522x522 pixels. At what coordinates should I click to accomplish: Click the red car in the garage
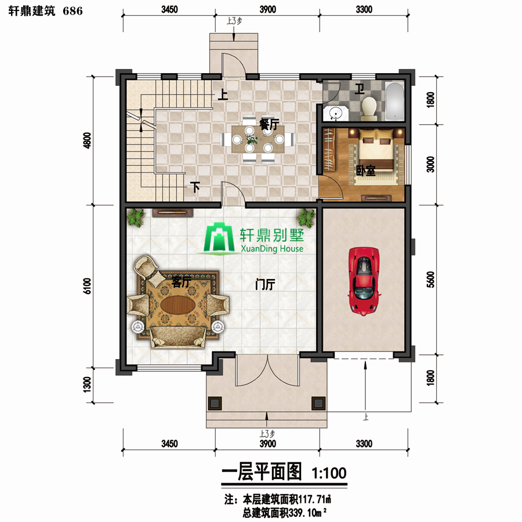pyautogui.click(x=364, y=281)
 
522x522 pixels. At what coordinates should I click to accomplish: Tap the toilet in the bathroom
pyautogui.click(x=369, y=108)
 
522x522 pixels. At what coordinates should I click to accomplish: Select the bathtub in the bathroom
pyautogui.click(x=395, y=101)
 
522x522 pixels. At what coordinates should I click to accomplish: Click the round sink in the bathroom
pyautogui.click(x=335, y=113)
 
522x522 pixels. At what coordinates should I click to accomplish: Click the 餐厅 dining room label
pyautogui.click(x=269, y=124)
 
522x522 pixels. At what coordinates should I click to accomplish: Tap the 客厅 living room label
pyautogui.click(x=181, y=282)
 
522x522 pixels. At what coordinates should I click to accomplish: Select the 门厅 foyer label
pyautogui.click(x=265, y=285)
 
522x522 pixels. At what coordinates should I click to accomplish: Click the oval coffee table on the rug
pyautogui.click(x=178, y=304)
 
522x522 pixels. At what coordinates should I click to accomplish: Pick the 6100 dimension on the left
pyautogui.click(x=87, y=285)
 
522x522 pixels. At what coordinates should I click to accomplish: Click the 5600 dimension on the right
pyautogui.click(x=430, y=280)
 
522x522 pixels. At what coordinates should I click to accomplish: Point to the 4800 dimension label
pyautogui.click(x=87, y=140)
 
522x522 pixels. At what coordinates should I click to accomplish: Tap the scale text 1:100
pyautogui.click(x=329, y=473)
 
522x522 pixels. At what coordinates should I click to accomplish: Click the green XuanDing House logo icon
pyautogui.click(x=219, y=237)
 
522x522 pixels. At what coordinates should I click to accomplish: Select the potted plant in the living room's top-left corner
pyautogui.click(x=136, y=217)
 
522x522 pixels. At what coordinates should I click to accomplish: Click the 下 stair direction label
pyautogui.click(x=195, y=187)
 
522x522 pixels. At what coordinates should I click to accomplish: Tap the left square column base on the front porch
pyautogui.click(x=215, y=404)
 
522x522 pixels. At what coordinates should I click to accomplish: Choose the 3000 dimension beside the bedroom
pyautogui.click(x=430, y=164)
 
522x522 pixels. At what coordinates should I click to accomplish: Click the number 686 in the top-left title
pyautogui.click(x=72, y=11)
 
